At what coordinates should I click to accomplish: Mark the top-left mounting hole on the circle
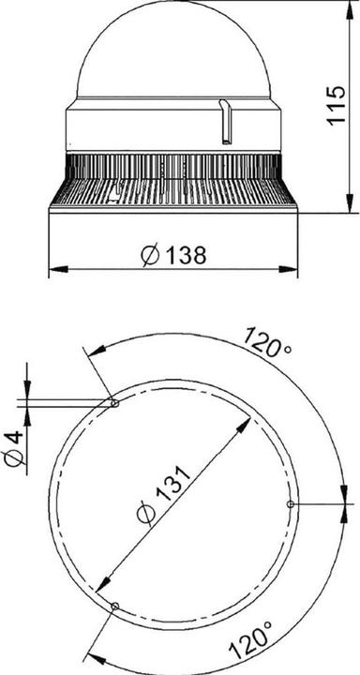click(113, 403)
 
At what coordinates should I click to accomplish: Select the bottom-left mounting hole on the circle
click(114, 607)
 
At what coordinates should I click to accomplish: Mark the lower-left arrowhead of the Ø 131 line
click(105, 582)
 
